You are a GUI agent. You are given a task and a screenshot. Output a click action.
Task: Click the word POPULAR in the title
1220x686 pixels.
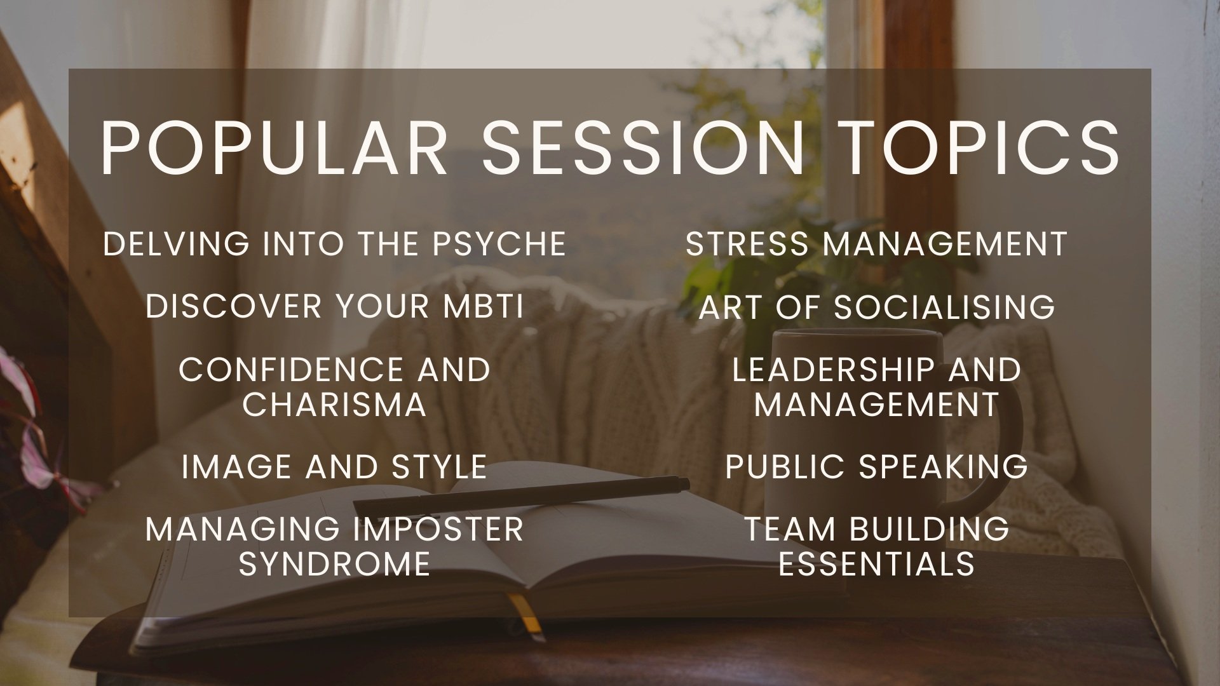[x=274, y=147]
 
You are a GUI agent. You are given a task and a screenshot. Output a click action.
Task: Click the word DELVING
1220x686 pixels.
[x=177, y=244]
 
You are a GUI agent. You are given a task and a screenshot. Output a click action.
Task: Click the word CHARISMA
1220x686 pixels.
[x=334, y=405]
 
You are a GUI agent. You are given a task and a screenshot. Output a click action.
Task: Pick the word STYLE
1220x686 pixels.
[x=439, y=467]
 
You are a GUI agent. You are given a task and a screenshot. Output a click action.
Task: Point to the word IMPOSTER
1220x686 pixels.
[x=435, y=529]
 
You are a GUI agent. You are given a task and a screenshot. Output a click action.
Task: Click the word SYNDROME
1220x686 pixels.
[x=334, y=564]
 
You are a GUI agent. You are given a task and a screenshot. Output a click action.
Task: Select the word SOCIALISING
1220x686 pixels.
[x=944, y=306]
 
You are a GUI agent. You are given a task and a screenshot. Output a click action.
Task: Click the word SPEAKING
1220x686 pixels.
[x=944, y=467]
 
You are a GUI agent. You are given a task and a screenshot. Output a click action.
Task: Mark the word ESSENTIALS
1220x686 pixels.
[x=877, y=564]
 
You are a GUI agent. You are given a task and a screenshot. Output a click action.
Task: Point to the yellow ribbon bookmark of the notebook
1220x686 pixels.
[x=529, y=614]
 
